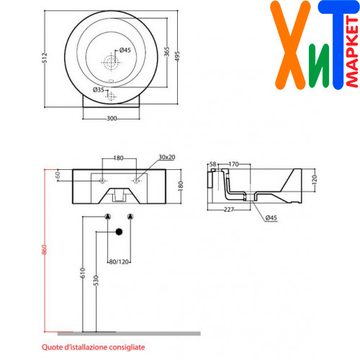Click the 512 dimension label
pos(45,58)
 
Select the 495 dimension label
pos(177,56)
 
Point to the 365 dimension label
pos(167,52)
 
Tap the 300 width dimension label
pos(112,118)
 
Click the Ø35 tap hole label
pos(99,90)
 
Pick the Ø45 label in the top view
pos(125,50)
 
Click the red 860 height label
pos(44,250)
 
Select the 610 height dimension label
pos(83,273)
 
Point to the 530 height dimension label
pos(96,281)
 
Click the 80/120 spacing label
pos(119,262)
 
